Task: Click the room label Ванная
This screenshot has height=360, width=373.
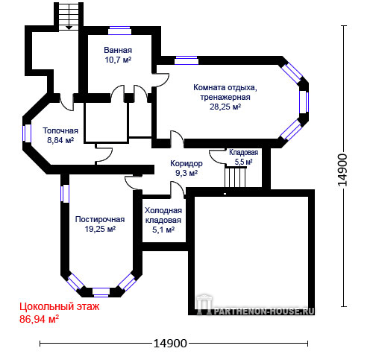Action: point(118,50)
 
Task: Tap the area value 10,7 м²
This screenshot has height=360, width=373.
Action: point(118,60)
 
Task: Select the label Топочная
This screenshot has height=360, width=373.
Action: point(60,130)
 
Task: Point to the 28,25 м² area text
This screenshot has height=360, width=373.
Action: point(225,107)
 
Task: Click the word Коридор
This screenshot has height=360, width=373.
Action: point(186,163)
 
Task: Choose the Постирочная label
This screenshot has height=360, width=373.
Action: point(100,219)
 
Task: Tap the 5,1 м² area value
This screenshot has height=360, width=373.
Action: point(163,230)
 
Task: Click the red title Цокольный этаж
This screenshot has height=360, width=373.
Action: point(60,307)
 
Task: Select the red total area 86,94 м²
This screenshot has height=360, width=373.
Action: point(39,319)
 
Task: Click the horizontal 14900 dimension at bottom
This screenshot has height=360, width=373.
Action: point(170,344)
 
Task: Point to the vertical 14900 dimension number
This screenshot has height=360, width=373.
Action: point(342,170)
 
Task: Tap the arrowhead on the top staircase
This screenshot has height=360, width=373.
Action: point(69,28)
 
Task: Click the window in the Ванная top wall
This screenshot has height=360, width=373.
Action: point(119,31)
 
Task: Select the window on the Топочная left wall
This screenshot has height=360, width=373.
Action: point(27,133)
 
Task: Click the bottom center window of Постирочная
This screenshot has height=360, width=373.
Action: point(101,292)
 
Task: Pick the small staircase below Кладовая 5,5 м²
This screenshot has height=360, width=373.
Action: point(235,177)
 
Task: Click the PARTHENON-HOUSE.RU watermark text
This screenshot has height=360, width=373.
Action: point(263,312)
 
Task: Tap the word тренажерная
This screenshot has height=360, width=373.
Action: point(225,97)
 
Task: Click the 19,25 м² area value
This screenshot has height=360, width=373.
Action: point(100,229)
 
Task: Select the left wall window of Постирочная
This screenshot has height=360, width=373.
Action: point(65,194)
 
